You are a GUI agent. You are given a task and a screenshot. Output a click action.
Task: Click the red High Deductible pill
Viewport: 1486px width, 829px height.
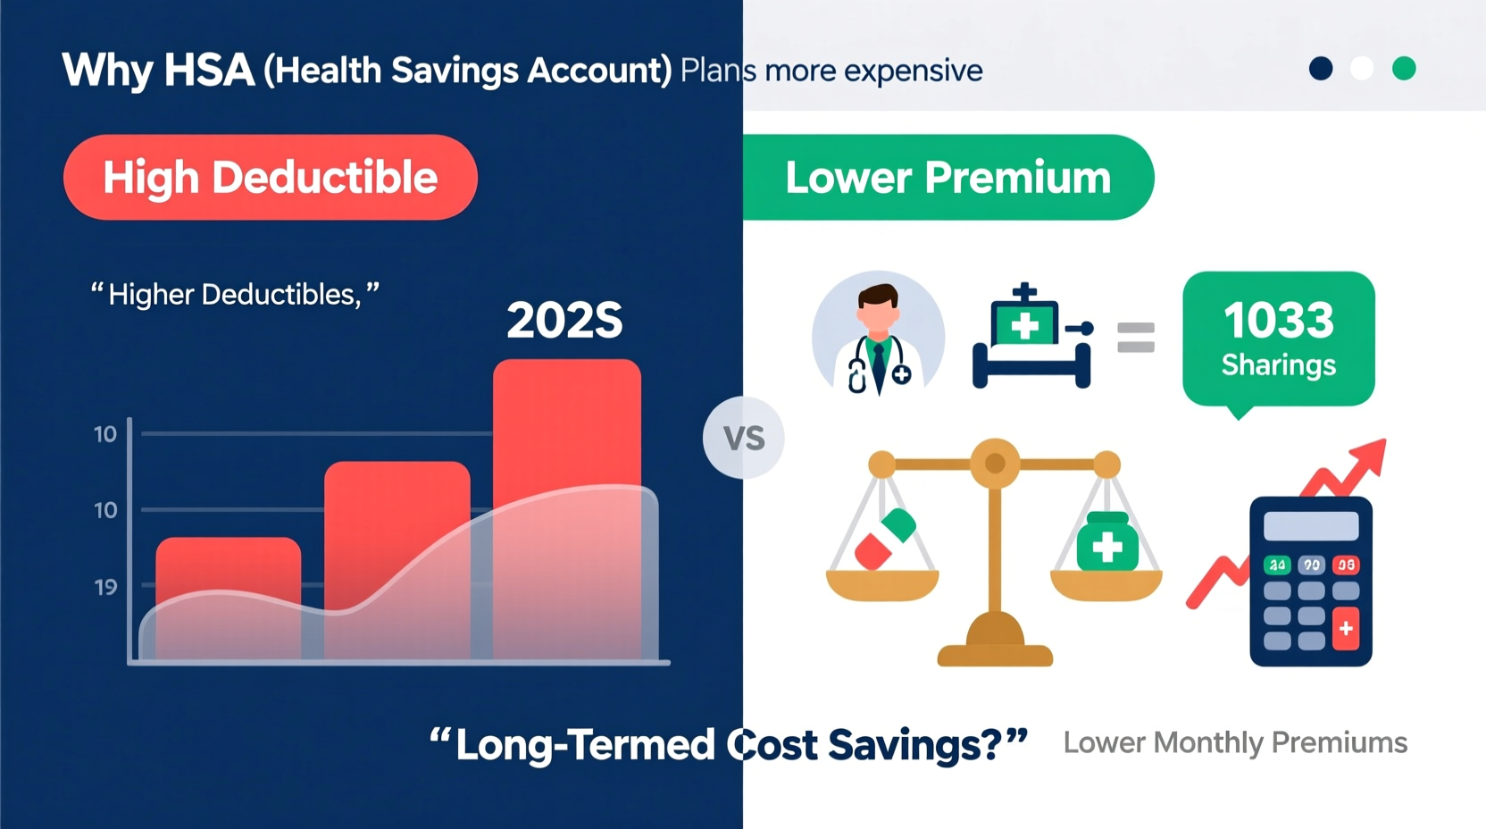click(x=270, y=177)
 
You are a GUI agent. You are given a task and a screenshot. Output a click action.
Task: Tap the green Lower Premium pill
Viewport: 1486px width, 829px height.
click(x=948, y=177)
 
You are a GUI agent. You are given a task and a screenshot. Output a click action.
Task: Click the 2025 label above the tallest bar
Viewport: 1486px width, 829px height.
click(x=564, y=321)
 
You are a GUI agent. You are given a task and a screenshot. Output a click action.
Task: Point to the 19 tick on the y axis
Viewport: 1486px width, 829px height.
click(x=105, y=587)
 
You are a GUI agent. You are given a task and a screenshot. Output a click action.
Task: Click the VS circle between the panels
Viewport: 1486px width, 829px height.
click(x=743, y=438)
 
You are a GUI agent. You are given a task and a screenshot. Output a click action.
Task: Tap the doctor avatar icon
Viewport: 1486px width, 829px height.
click(x=878, y=336)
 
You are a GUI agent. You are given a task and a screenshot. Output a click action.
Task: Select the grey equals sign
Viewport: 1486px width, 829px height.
click(x=1136, y=338)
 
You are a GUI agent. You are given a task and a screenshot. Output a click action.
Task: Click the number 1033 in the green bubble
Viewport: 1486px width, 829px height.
click(x=1278, y=321)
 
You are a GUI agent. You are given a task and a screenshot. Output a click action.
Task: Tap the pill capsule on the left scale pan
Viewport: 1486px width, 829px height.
click(x=884, y=539)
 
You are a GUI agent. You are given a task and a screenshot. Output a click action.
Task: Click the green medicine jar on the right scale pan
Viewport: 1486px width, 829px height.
click(x=1107, y=542)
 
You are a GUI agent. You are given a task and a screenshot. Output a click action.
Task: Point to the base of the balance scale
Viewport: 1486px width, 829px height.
click(x=995, y=652)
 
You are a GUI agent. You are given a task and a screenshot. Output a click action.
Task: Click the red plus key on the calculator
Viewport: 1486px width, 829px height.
click(x=1346, y=628)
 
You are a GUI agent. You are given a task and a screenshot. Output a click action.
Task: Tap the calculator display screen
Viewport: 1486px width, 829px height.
click(x=1310, y=525)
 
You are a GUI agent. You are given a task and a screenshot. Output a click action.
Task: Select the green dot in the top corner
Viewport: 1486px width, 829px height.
click(x=1404, y=69)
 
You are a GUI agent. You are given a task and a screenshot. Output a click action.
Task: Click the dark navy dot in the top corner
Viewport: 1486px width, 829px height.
click(x=1321, y=69)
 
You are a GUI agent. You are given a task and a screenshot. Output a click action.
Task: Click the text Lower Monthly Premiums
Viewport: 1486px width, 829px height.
click(x=1235, y=742)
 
